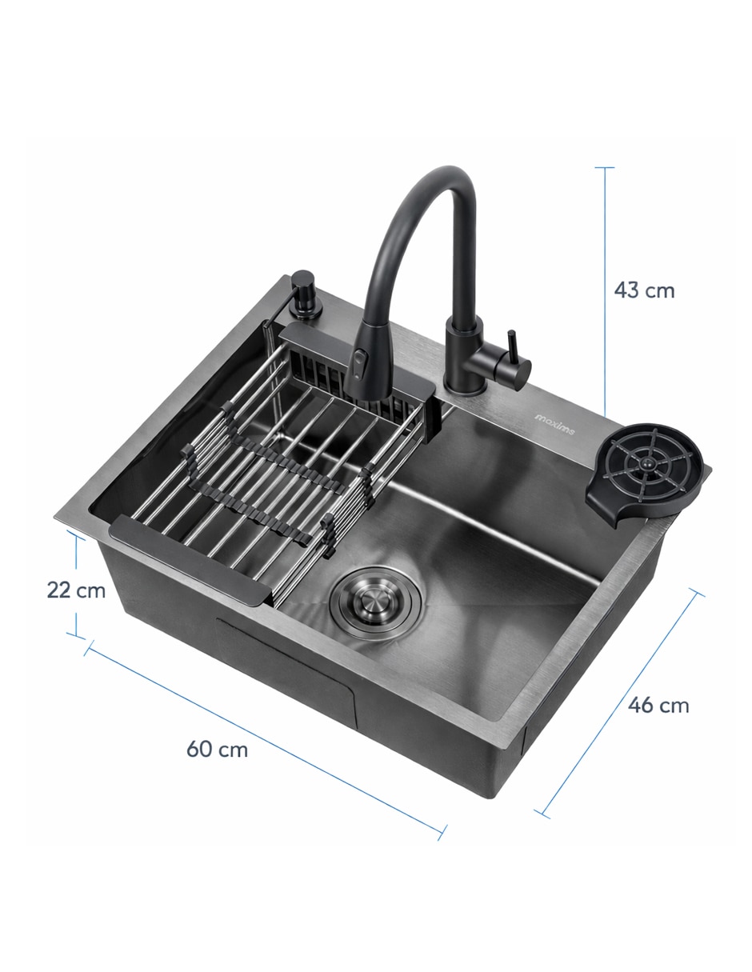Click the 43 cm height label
click(644, 290)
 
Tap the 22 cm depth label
click(76, 590)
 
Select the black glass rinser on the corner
click(648, 474)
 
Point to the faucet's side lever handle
click(512, 345)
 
